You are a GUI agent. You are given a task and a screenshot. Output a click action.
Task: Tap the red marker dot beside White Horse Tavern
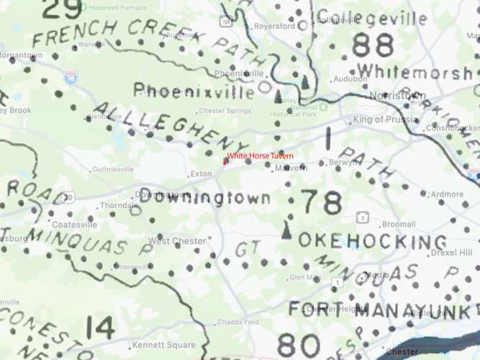pyautogui.click(x=225, y=161)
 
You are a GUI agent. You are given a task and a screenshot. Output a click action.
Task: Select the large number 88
pyautogui.click(x=373, y=46)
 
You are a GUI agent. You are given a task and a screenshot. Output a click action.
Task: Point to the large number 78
pyautogui.click(x=320, y=204)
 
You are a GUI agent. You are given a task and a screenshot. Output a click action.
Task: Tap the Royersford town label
pyautogui.click(x=275, y=26)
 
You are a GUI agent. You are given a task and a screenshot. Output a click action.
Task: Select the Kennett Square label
pyautogui.click(x=173, y=345)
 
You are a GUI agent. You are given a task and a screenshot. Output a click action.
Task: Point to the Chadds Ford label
pyautogui.click(x=237, y=322)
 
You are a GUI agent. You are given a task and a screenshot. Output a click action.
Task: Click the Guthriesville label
pyautogui.click(x=113, y=170)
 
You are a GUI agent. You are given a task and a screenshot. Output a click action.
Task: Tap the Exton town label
pyautogui.click(x=201, y=174)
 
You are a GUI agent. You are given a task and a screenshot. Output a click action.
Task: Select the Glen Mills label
pyautogui.click(x=305, y=277)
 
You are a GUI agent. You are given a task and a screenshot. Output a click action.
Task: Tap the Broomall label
pyautogui.click(x=399, y=225)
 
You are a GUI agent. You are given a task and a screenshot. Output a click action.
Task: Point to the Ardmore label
pyautogui.click(x=448, y=194)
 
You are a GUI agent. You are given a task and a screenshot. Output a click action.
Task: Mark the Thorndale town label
pyautogui.click(x=119, y=205)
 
